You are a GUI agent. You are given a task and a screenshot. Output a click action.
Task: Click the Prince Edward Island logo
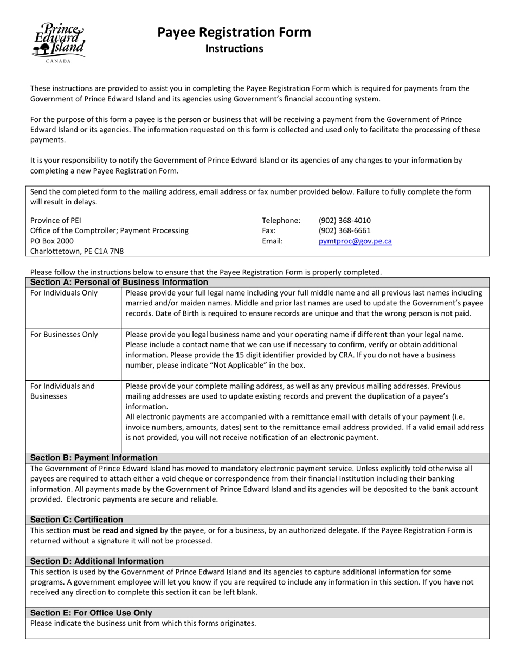pyautogui.click(x=59, y=42)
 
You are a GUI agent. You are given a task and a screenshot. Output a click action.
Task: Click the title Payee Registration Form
pyautogui.click(x=234, y=32)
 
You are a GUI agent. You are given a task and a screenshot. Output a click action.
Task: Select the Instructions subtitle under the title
pyautogui.click(x=234, y=49)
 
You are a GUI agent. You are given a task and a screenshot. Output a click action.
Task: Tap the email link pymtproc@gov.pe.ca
pyautogui.click(x=355, y=241)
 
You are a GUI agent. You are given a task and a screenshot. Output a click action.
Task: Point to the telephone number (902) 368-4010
pyautogui.click(x=345, y=220)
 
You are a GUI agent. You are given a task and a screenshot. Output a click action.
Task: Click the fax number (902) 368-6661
pyautogui.click(x=345, y=230)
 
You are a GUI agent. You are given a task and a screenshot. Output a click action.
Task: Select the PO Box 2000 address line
pyautogui.click(x=52, y=241)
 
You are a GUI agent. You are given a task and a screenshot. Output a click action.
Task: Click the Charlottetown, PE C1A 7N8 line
pyautogui.click(x=77, y=251)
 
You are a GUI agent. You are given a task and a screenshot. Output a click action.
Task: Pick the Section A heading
pyautogui.click(x=119, y=282)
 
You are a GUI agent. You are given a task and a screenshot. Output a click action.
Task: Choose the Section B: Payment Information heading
pyautogui.click(x=94, y=458)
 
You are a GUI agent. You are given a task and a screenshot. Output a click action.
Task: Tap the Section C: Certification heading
pyautogui.click(x=76, y=520)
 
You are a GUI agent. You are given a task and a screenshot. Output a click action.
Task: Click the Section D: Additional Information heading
pyautogui.click(x=96, y=561)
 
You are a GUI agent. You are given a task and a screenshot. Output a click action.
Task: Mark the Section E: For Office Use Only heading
pyautogui.click(x=91, y=613)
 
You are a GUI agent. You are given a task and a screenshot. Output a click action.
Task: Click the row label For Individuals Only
pyautogui.click(x=64, y=293)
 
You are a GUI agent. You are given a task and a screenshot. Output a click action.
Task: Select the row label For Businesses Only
pyautogui.click(x=64, y=335)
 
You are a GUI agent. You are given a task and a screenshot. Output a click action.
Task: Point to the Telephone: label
pyautogui.click(x=281, y=220)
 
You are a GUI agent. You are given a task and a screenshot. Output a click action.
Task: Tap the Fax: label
pyautogui.click(x=269, y=230)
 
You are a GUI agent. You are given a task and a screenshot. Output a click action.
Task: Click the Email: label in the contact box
pyautogui.click(x=272, y=241)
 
